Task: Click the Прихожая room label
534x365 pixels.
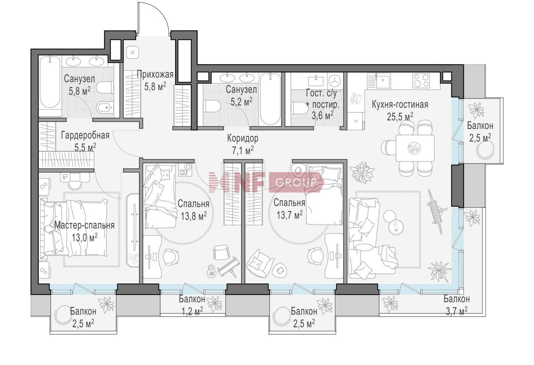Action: tap(155, 74)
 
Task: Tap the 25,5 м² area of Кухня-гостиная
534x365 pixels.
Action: tap(400, 116)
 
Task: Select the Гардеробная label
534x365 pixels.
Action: tap(85, 135)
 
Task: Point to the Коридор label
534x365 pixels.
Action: tap(243, 138)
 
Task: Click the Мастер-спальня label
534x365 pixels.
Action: tap(84, 225)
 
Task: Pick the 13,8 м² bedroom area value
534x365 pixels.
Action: tap(194, 216)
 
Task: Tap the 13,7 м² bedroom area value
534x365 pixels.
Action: tap(290, 215)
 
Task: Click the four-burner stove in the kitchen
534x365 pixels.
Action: tap(422, 80)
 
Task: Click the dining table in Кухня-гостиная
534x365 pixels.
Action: tap(415, 148)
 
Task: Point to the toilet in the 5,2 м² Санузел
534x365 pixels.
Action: tap(211, 106)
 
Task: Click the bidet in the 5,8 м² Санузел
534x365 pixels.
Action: tap(105, 108)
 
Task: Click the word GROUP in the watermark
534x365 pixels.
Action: tap(296, 183)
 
